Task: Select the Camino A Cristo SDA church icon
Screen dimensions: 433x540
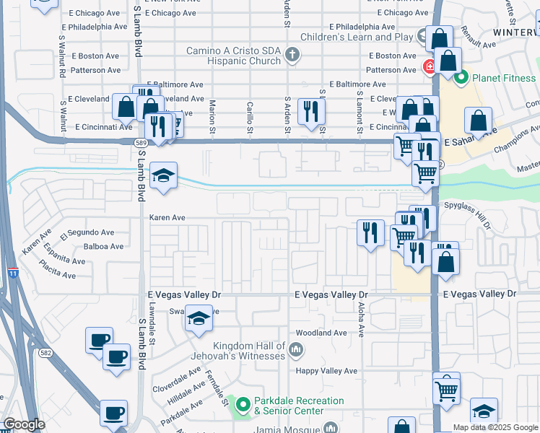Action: tap(292, 55)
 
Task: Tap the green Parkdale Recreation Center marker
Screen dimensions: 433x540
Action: tap(243, 406)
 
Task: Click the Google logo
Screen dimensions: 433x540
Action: tap(24, 424)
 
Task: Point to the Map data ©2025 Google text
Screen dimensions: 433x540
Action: tap(495, 427)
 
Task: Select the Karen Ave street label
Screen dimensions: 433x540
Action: tap(167, 216)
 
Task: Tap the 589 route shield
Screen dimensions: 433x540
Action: tap(141, 143)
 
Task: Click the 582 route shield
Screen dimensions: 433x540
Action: tap(45, 352)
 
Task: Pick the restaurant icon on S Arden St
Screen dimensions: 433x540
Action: tap(311, 112)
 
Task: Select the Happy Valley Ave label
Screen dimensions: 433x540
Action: tap(328, 371)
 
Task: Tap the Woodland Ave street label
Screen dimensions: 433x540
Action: tap(322, 333)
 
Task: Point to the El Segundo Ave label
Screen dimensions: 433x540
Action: tap(87, 233)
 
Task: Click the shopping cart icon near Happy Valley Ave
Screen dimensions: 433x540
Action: tap(447, 390)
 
